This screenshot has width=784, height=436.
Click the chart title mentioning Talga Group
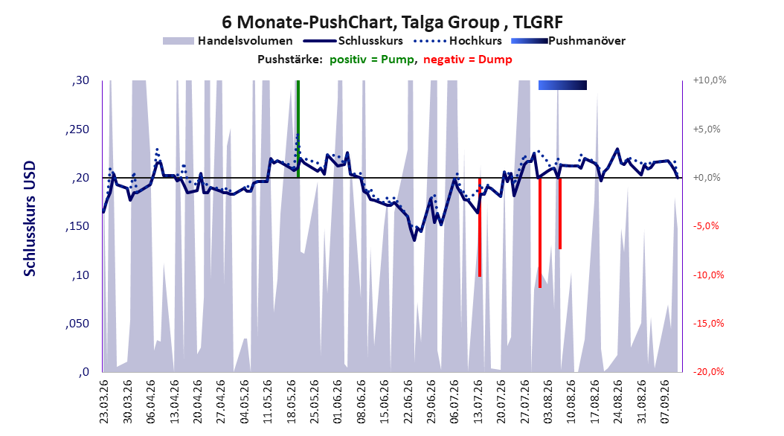tap(392, 22)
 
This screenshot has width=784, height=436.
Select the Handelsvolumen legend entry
tap(228, 41)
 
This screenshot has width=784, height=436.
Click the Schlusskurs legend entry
tap(353, 41)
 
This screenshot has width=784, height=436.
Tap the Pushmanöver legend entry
tap(568, 41)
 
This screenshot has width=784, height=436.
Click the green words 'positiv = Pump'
tap(372, 60)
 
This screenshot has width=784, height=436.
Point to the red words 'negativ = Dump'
tap(468, 60)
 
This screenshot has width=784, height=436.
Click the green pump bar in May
tap(298, 129)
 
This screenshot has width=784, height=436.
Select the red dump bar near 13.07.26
tap(480, 227)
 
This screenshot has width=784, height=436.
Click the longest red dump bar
tap(540, 232)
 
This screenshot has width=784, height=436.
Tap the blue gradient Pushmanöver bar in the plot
tap(562, 85)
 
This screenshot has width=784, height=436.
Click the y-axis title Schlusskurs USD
tap(30, 219)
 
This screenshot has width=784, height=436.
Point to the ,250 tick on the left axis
tap(77, 129)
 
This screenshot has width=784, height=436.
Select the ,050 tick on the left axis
tap(77, 324)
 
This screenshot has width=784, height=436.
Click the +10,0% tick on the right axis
tap(710, 80)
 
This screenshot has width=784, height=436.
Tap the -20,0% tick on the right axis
tap(708, 372)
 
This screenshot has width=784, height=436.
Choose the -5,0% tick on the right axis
tap(706, 226)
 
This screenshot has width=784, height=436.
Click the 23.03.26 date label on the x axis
tap(103, 402)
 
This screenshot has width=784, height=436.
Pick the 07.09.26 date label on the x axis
tap(666, 402)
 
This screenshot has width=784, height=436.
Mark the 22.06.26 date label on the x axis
tap(408, 402)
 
